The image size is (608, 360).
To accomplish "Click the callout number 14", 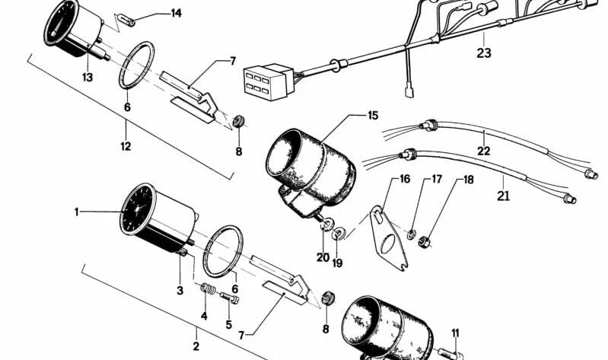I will (x=176, y=13).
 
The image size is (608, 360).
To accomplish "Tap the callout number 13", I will (x=88, y=77).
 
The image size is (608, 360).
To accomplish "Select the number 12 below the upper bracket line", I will (x=126, y=145).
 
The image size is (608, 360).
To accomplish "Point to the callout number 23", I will (x=485, y=53).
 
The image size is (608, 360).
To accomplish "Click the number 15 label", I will (x=372, y=116).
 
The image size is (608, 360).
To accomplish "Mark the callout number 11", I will (x=456, y=333).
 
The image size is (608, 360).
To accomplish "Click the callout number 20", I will (x=323, y=257).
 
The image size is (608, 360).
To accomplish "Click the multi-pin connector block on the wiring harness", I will (x=263, y=78).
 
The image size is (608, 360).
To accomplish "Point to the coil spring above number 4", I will (x=204, y=288).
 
